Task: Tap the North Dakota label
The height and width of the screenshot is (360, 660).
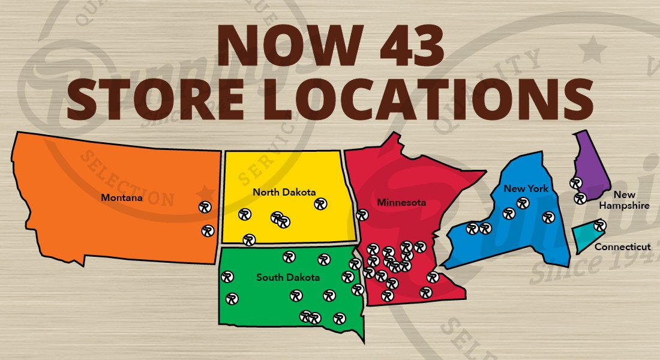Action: (x=284, y=192)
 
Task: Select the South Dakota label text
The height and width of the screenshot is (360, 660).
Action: (x=288, y=277)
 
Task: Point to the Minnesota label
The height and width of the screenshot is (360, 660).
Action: (x=401, y=202)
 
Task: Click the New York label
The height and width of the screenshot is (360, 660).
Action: (x=526, y=188)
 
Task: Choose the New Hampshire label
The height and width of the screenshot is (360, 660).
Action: (x=631, y=200)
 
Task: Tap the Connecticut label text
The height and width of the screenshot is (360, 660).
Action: (x=622, y=247)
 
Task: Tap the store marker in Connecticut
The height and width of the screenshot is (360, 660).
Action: (x=599, y=226)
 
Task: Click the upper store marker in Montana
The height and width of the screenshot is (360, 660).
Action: (x=205, y=206)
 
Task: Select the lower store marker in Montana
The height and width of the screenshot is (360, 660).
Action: (x=208, y=230)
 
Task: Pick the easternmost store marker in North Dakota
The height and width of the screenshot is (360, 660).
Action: (x=320, y=204)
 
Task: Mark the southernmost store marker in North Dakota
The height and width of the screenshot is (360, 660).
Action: (x=249, y=240)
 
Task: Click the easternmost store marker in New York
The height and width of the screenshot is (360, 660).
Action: (x=548, y=217)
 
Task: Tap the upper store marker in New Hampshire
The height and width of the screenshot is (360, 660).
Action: (x=576, y=182)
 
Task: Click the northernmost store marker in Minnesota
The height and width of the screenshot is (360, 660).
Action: (x=362, y=215)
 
